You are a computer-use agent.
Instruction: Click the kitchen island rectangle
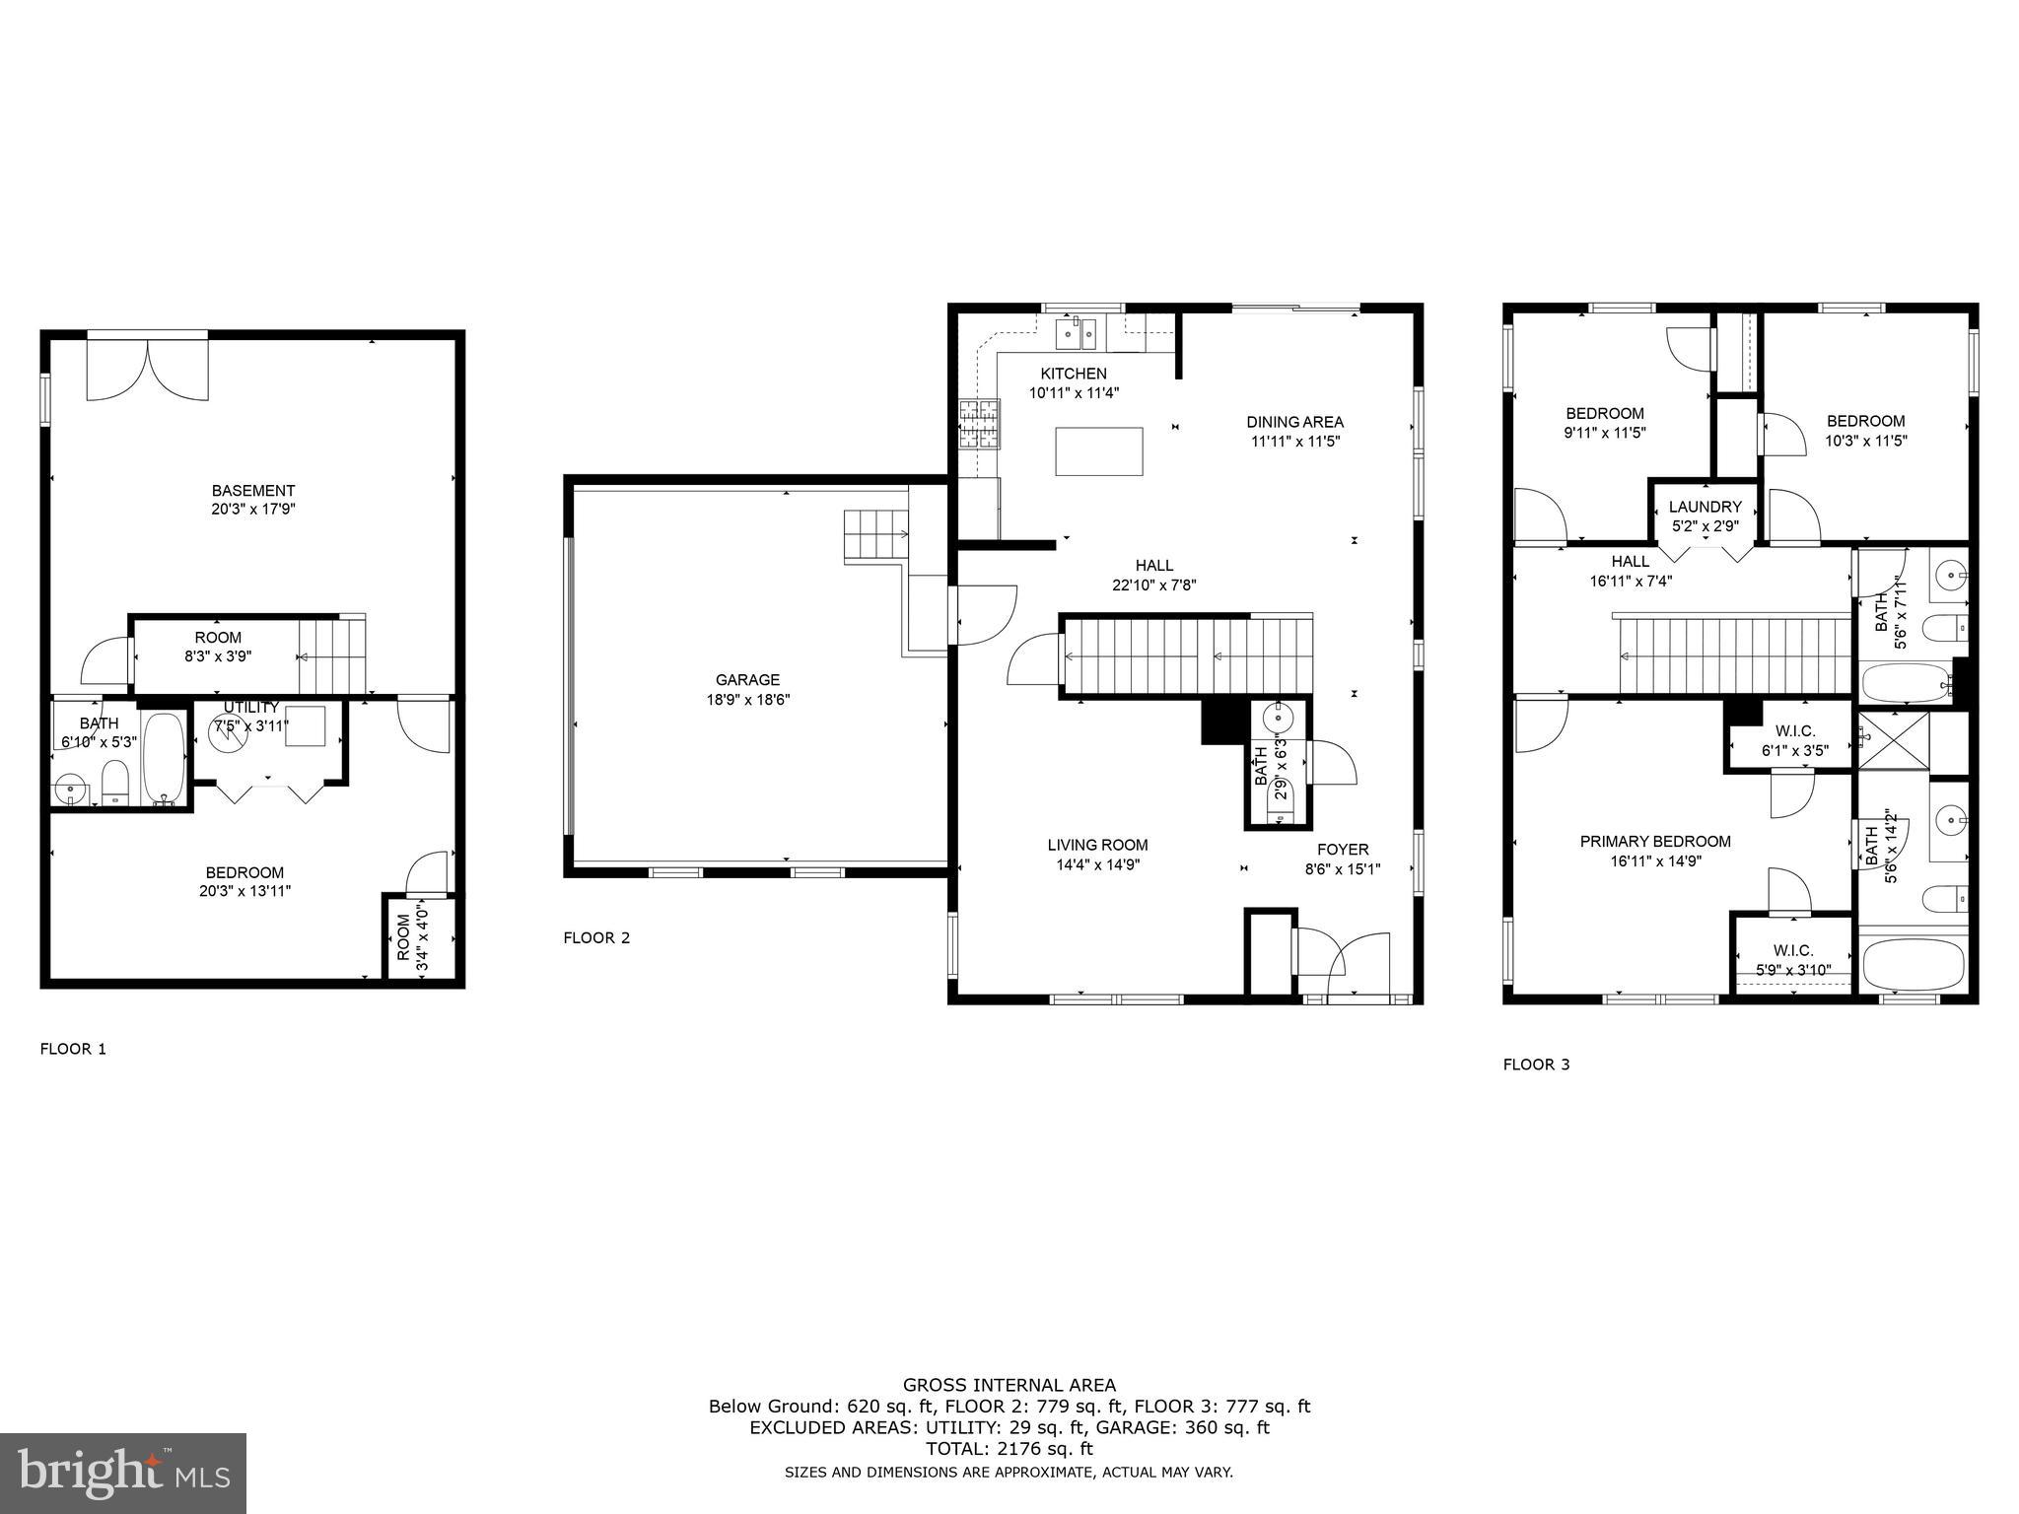tap(1098, 451)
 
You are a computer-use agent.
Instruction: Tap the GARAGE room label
tap(747, 679)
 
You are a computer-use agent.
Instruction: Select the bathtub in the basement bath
tap(164, 757)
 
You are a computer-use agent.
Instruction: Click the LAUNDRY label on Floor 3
tap(1705, 507)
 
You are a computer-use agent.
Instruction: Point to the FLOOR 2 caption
tap(596, 937)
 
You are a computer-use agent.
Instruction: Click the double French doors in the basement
tap(148, 368)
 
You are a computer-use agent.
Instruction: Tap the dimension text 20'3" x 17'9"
tap(253, 510)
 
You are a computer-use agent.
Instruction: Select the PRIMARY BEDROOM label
tap(1655, 841)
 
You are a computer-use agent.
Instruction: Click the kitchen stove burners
tap(979, 424)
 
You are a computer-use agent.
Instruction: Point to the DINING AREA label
tap(1294, 422)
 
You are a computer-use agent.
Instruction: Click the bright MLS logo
tap(123, 1473)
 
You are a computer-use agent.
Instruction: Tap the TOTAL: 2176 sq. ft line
tap(1009, 1449)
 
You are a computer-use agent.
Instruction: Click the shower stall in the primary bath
tap(1892, 739)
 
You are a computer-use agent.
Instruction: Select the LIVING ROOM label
tap(1097, 845)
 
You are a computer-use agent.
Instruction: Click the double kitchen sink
tap(1077, 334)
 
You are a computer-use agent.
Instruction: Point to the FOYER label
tap(1343, 849)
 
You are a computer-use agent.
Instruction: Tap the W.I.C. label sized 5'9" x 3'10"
tap(1792, 950)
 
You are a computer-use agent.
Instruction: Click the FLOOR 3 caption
tap(1536, 1065)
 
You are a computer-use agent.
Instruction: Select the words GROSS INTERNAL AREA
tap(1009, 1385)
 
